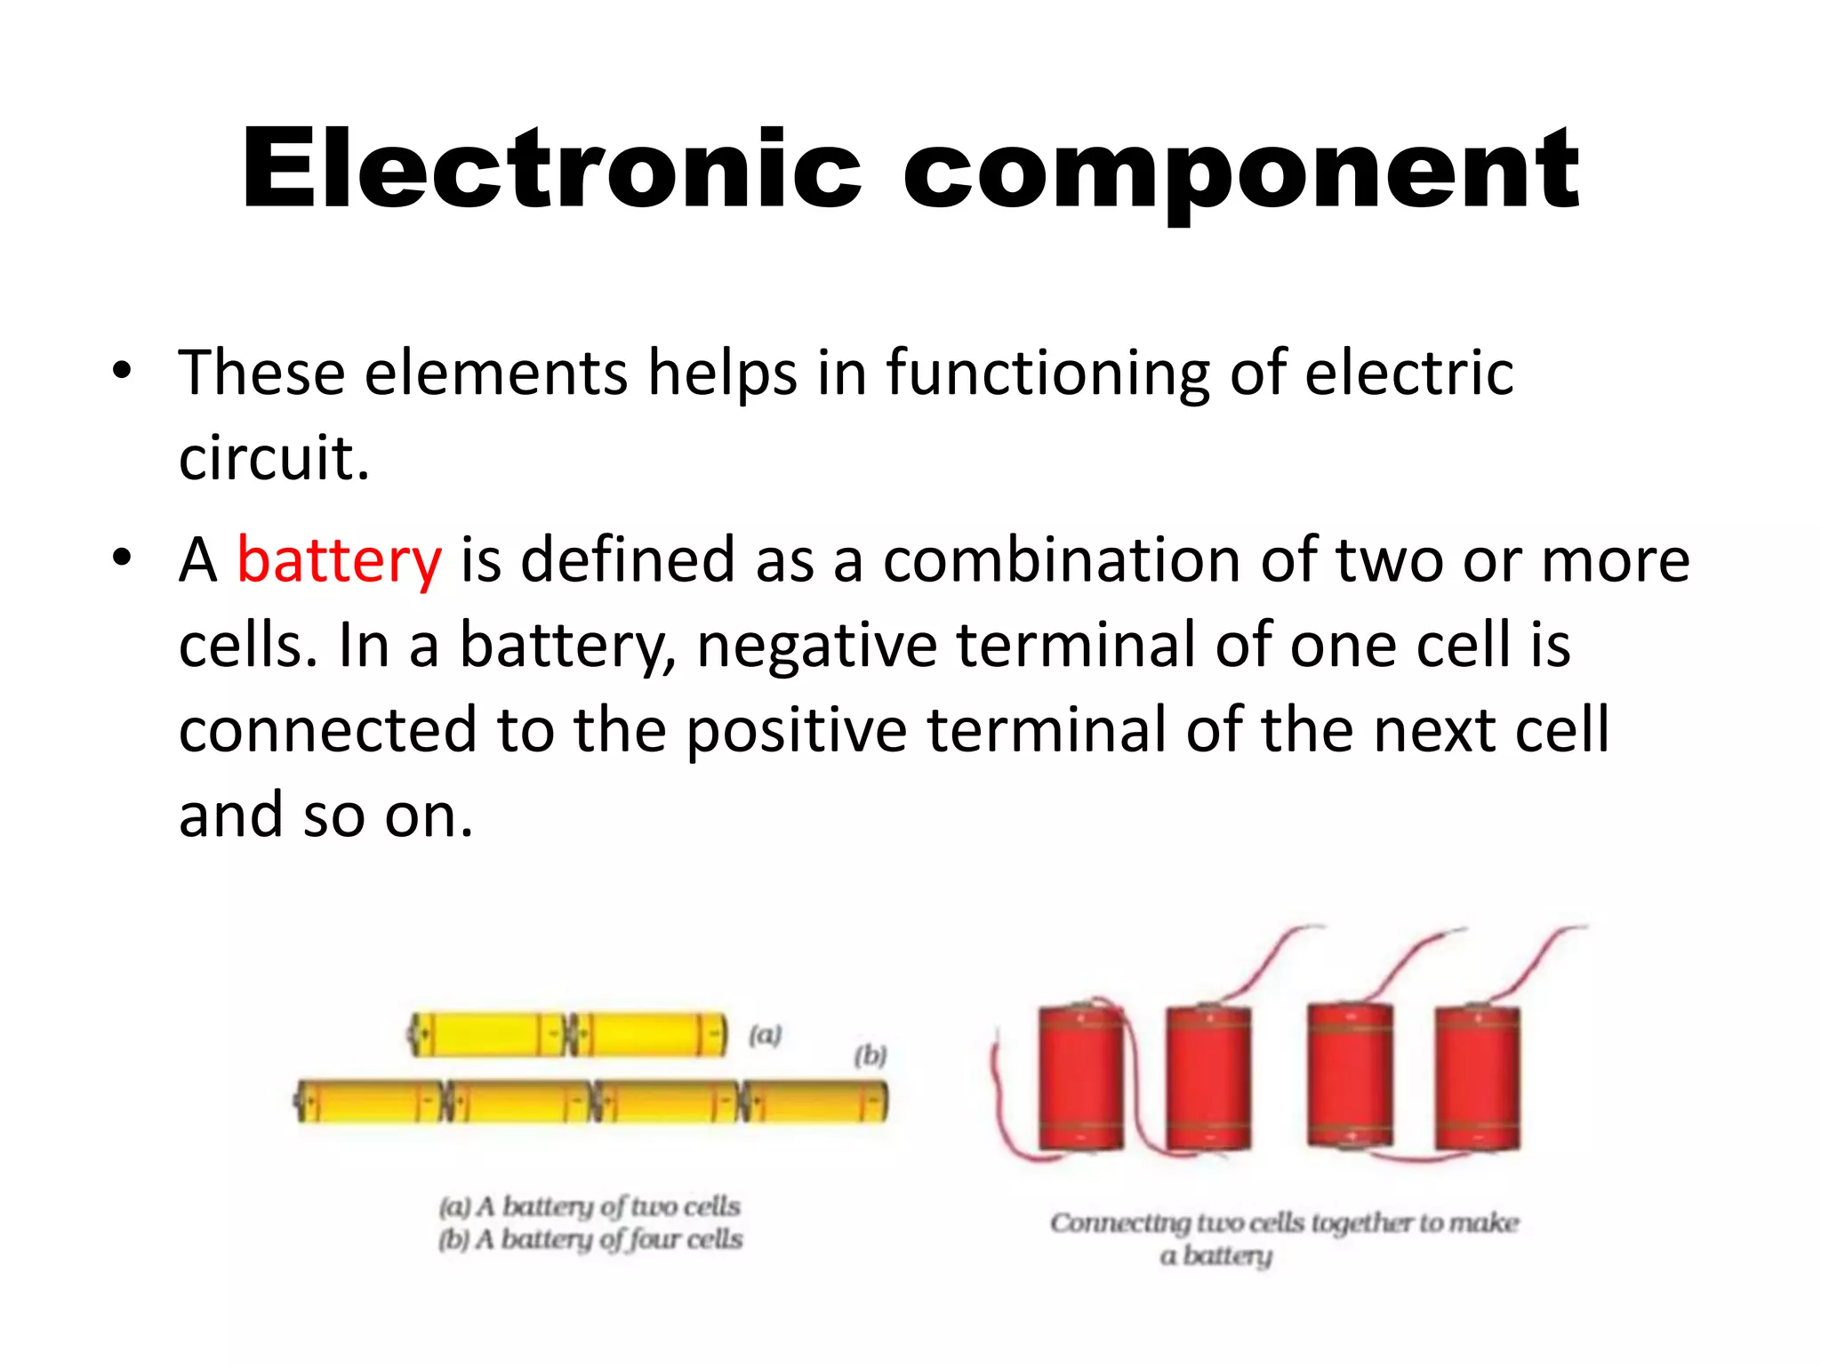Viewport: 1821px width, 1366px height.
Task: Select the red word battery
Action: (x=339, y=561)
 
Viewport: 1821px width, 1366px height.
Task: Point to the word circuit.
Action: (x=273, y=458)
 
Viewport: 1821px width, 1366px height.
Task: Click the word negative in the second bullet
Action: (x=816, y=645)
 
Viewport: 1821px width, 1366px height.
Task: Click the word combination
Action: (x=1060, y=561)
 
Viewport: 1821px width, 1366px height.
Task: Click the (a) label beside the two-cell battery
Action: (x=764, y=1035)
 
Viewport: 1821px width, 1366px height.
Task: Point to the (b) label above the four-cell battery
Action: (x=870, y=1056)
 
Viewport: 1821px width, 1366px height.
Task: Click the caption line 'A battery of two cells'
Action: (x=590, y=1206)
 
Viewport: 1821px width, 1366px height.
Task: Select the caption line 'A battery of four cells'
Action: (x=590, y=1239)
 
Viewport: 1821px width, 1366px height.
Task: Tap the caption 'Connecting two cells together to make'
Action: (x=1284, y=1223)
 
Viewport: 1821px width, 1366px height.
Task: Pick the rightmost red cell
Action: (x=1477, y=1078)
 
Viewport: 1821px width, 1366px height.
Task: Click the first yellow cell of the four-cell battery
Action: (x=369, y=1103)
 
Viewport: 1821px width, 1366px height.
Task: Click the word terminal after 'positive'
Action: (x=1047, y=730)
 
